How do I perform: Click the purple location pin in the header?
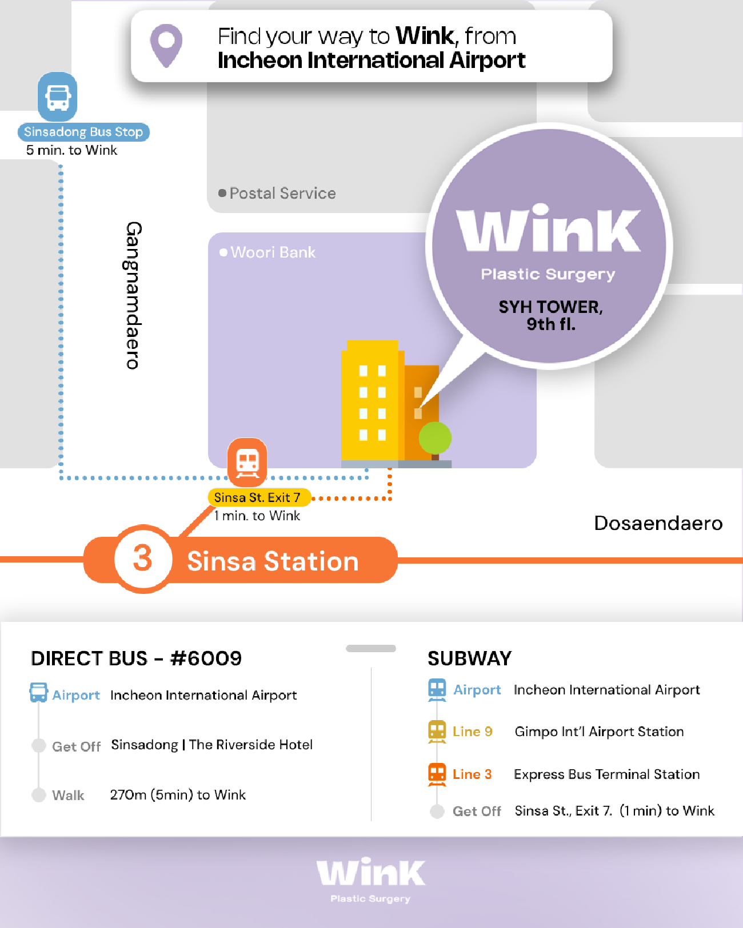click(x=166, y=45)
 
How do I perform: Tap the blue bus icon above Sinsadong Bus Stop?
click(x=57, y=97)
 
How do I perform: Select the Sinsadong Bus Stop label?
click(x=83, y=132)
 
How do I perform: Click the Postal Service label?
click(x=277, y=193)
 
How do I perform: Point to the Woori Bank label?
click(x=267, y=252)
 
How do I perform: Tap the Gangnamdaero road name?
click(x=133, y=295)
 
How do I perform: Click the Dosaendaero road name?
click(x=658, y=523)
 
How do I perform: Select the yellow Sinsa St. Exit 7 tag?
click(x=259, y=497)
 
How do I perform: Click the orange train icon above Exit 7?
click(x=247, y=462)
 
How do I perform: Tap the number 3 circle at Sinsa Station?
click(x=143, y=559)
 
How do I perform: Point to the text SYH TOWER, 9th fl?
click(x=550, y=315)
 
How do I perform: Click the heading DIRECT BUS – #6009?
click(x=137, y=658)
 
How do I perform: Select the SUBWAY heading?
click(x=470, y=658)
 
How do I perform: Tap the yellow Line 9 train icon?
click(x=437, y=732)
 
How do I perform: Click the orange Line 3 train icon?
click(x=437, y=774)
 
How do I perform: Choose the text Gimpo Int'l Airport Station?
click(x=599, y=732)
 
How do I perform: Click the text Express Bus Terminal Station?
click(x=606, y=774)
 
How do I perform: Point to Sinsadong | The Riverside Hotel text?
click(x=212, y=745)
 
